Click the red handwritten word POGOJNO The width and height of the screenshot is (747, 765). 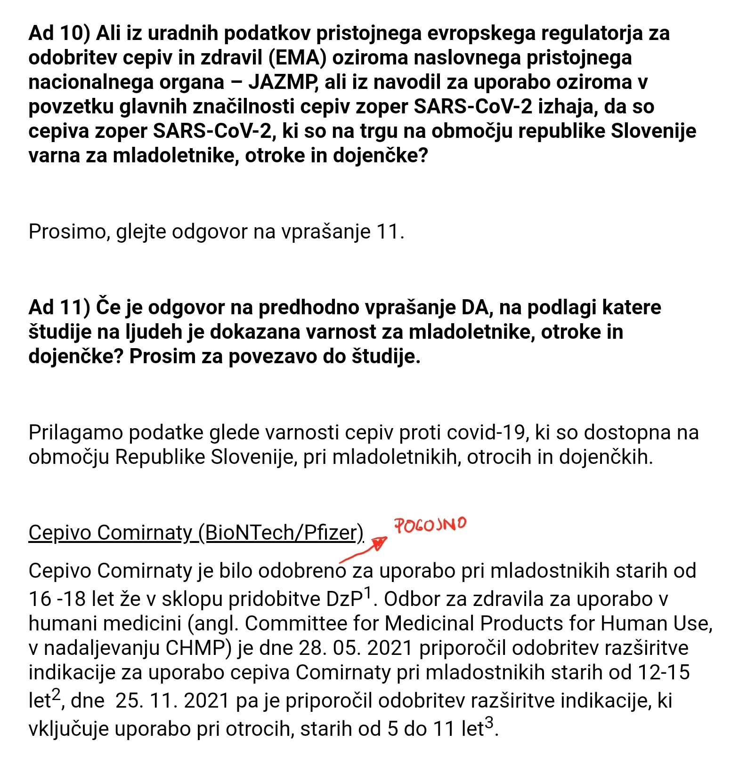coord(430,525)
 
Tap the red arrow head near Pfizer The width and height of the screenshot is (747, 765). coord(380,543)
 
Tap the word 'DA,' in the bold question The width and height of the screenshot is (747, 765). coord(474,307)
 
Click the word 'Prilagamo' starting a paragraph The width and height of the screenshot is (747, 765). coord(75,432)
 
